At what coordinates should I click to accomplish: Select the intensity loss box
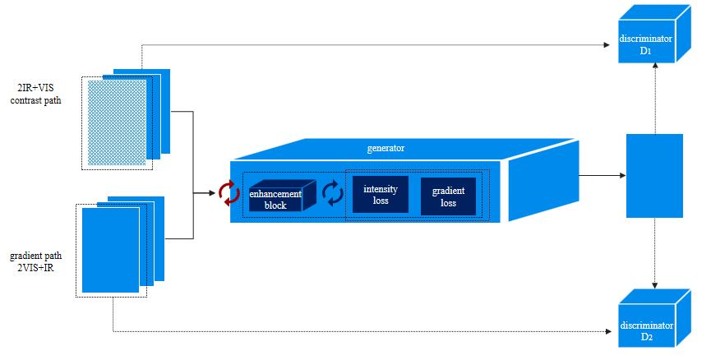pyautogui.click(x=380, y=195)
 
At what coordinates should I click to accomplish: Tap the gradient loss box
pyautogui.click(x=448, y=196)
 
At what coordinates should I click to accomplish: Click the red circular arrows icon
pyautogui.click(x=229, y=193)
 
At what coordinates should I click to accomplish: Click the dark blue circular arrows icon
pyautogui.click(x=332, y=194)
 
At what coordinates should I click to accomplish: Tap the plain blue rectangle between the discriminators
pyautogui.click(x=654, y=175)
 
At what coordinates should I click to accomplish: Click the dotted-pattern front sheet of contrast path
pyautogui.click(x=117, y=122)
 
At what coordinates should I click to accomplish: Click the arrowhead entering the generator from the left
pyautogui.click(x=212, y=194)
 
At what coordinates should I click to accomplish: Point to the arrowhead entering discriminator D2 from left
pyautogui.click(x=613, y=332)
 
